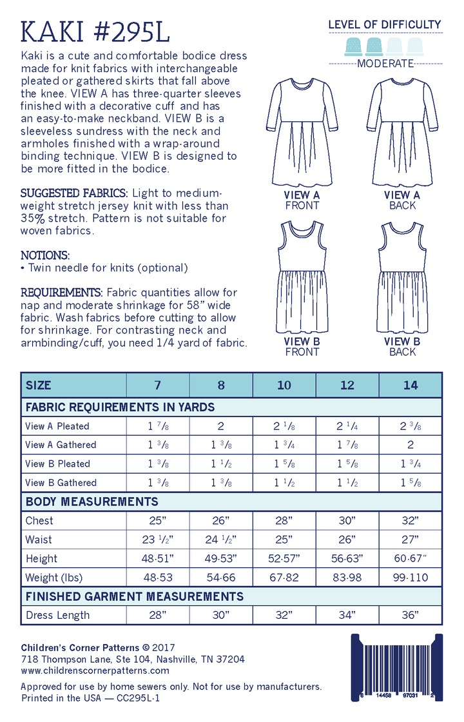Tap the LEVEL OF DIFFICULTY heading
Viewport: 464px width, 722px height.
tap(385, 25)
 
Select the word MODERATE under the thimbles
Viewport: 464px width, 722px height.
tap(385, 63)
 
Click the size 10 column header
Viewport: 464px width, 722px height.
tap(284, 385)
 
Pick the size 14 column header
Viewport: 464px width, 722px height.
tap(411, 385)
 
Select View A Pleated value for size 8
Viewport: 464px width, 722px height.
tap(221, 426)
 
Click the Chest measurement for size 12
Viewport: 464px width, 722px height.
tap(347, 520)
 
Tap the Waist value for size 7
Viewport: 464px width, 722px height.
tap(158, 540)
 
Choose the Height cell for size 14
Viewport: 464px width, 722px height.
tap(411, 558)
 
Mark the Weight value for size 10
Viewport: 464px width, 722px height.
tap(284, 577)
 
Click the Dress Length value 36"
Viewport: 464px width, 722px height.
tap(411, 615)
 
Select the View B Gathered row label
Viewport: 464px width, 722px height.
tap(61, 482)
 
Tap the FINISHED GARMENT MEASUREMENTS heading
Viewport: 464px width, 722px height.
tap(134, 596)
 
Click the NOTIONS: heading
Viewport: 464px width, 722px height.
tap(45, 255)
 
